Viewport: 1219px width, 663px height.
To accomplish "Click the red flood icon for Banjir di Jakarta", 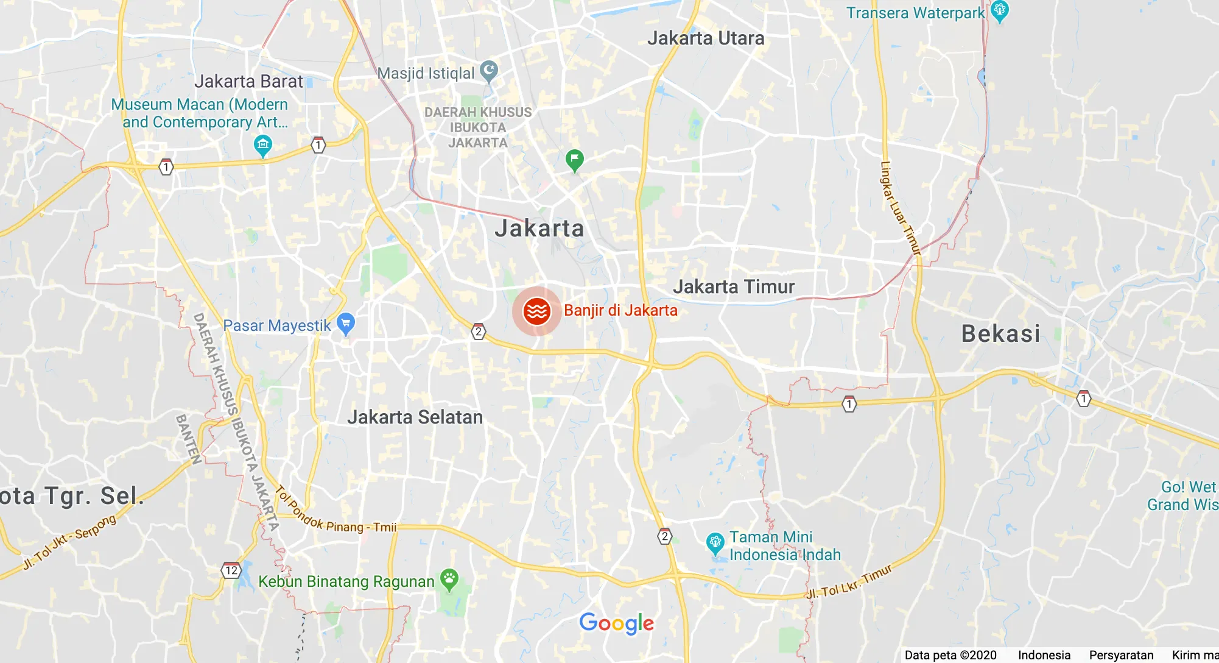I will pos(536,311).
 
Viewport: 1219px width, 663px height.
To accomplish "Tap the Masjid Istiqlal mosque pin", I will pos(489,71).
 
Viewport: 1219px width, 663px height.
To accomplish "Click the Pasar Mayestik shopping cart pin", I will pos(346,324).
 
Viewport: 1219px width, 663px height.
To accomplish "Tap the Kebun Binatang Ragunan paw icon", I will pos(449,580).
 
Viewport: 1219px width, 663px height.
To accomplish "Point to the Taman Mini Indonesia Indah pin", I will pos(715,543).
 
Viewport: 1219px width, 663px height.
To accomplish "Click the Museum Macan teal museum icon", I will pos(263,146).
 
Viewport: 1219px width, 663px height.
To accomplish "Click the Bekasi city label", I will pos(1000,333).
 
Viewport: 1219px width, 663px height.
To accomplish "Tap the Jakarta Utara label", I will pos(706,38).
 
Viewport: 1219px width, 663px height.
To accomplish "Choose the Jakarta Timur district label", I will pos(734,286).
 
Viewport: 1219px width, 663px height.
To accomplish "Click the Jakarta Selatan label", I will pos(415,417).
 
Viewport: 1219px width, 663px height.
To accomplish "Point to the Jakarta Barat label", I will pos(248,81).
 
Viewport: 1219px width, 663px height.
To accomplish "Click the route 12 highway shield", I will pos(231,571).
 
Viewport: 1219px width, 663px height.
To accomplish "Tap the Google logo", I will pos(616,623).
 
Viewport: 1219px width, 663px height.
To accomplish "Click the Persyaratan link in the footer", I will pos(1121,655).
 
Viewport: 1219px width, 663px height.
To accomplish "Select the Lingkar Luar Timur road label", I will pos(899,207).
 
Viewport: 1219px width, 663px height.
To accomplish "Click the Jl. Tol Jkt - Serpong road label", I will pos(69,541).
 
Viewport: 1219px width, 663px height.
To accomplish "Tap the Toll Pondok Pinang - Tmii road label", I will pos(335,512).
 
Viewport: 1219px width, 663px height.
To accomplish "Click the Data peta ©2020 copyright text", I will pos(950,655).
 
